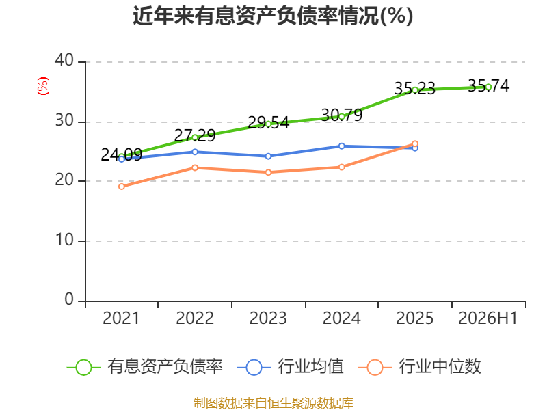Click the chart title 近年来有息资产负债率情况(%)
[273, 16]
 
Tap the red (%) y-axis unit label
[43, 86]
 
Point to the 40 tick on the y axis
[64, 60]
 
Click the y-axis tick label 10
[64, 240]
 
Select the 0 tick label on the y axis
[69, 299]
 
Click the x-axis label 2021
[121, 318]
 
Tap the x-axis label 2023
[268, 318]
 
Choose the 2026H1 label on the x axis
[488, 318]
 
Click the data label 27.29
[195, 135]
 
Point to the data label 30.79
[341, 115]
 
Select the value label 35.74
[488, 86]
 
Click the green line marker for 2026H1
[488, 87]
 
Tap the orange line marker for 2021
[122, 187]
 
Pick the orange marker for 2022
[195, 167]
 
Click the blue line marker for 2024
[341, 146]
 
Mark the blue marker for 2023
[268, 156]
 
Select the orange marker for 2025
[415, 143]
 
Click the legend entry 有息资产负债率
[144, 367]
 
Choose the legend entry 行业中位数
[420, 367]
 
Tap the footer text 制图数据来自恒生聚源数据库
[273, 403]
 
